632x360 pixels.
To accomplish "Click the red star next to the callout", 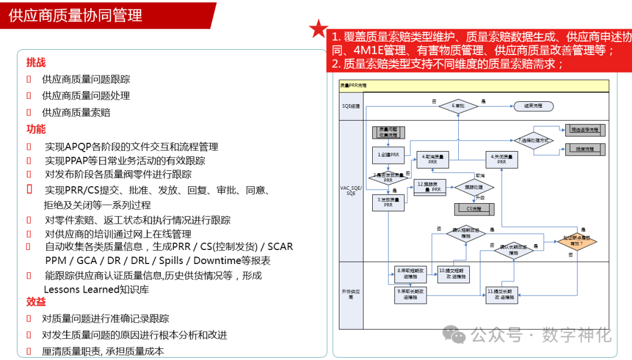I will tap(318, 28).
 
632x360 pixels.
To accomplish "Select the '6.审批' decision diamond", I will tap(458, 106).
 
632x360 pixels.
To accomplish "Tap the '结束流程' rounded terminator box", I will tap(533, 106).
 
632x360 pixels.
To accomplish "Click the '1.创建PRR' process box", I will tap(388, 155).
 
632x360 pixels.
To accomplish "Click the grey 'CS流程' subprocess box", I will tap(473, 207).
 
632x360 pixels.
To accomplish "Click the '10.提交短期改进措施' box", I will tap(453, 273).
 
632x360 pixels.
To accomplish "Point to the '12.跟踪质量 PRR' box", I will tap(432, 188).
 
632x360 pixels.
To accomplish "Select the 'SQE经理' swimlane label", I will tap(351, 106).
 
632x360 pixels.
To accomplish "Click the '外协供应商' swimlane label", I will tap(351, 293).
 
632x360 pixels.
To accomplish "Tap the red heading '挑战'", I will tap(36, 62).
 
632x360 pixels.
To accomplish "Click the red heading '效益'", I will tap(36, 302).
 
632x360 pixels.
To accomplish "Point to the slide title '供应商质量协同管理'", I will tap(75, 15).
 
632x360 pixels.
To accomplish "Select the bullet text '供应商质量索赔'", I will tap(76, 112).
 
